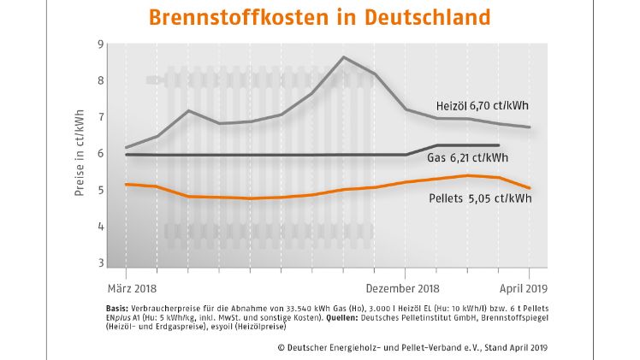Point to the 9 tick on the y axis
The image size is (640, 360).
pyautogui.click(x=100, y=44)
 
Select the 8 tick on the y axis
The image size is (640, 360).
pyautogui.click(x=100, y=80)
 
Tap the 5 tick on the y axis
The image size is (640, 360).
pyautogui.click(x=100, y=190)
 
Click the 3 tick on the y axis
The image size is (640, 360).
pyautogui.click(x=100, y=263)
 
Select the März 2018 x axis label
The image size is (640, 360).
pyautogui.click(x=133, y=289)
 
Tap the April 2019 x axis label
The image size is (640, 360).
pyautogui.click(x=522, y=289)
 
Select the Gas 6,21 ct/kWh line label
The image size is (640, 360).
pyautogui.click(x=467, y=158)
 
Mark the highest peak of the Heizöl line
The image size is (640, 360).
pyautogui.click(x=343, y=57)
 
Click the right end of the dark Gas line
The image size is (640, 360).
pyautogui.click(x=498, y=145)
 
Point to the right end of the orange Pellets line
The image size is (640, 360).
pyautogui.click(x=530, y=188)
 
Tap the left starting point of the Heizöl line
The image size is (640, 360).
pyautogui.click(x=126, y=148)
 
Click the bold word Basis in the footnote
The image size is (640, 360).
pyautogui.click(x=118, y=307)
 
